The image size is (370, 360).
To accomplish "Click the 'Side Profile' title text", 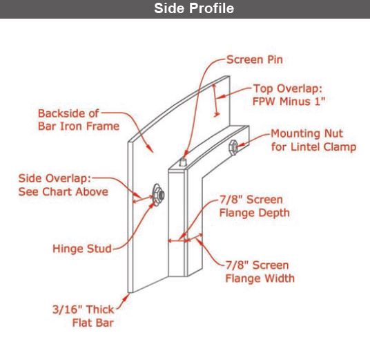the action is [194, 8].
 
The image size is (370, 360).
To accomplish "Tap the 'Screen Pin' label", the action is [255, 59].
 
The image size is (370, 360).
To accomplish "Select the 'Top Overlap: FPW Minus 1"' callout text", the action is [289, 95].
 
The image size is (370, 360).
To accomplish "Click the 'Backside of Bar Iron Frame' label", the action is [79, 120].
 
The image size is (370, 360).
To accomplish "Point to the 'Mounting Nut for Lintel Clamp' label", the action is [313, 140].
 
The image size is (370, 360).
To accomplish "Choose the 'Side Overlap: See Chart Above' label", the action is [64, 185].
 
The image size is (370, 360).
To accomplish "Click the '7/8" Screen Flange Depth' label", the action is [255, 206].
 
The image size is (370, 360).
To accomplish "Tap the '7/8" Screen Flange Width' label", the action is [260, 272].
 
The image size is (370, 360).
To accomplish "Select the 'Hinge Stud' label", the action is [82, 249].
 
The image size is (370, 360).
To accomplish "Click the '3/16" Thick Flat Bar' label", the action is [84, 316].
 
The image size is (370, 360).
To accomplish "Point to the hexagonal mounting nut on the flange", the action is [233, 147].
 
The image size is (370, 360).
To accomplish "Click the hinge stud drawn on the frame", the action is [158, 195].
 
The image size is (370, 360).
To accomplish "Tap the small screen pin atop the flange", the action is [183, 162].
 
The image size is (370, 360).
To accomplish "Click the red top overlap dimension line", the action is [215, 100].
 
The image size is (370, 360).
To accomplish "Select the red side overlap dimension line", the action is [143, 199].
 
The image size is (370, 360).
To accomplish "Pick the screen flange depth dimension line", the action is [177, 240].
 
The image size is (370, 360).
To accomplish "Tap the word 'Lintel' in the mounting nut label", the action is [306, 147].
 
